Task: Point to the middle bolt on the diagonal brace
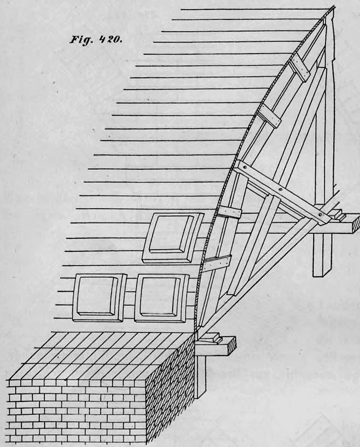(280, 190)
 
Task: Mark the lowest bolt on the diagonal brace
(320, 214)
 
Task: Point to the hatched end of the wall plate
(233, 345)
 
